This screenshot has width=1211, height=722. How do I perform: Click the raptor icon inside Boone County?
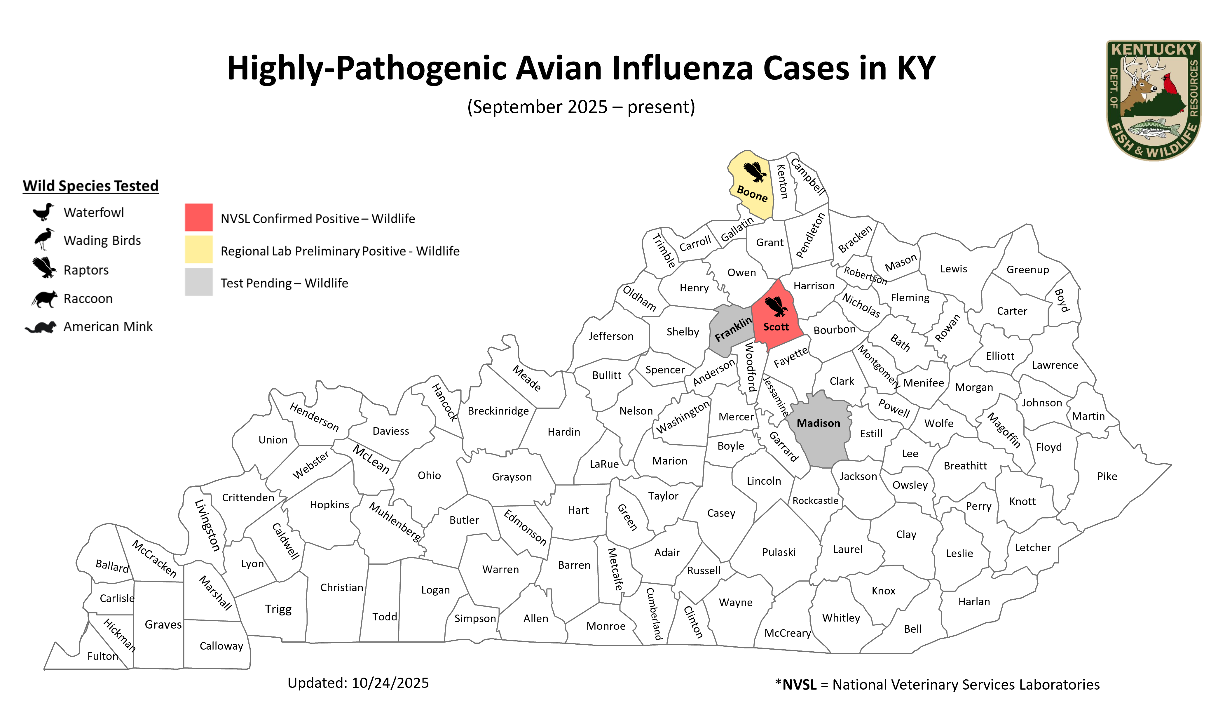[755, 172]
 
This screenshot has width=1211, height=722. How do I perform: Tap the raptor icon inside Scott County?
[776, 307]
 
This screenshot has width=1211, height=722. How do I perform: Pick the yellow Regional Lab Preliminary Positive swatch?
[198, 249]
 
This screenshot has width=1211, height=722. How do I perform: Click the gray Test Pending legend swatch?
[198, 282]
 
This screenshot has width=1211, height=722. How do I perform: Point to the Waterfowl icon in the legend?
[43, 212]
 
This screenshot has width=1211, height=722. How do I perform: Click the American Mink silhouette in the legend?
[41, 327]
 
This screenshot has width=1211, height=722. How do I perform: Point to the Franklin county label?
[733, 329]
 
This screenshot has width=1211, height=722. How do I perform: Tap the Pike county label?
[1107, 476]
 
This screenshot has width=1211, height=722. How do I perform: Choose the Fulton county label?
[103, 656]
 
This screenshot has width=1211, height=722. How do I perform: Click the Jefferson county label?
[610, 336]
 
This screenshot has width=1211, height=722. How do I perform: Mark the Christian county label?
[341, 588]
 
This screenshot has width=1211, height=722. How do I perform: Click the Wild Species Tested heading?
[90, 186]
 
